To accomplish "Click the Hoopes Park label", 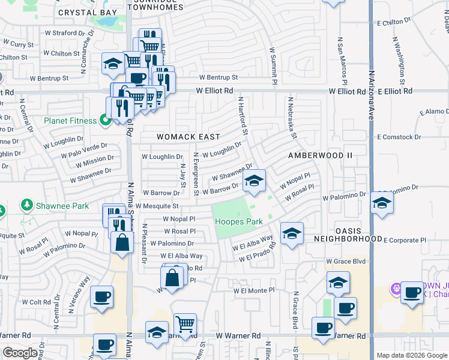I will pos(239,222).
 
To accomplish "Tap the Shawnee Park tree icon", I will pos(26,206).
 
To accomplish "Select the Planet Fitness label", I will pos(70,121).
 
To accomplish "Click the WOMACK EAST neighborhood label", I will pos(188,137).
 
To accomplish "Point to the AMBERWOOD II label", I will pos(320,155).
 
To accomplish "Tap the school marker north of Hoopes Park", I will pos(254,181).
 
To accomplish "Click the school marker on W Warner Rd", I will pos(157,333).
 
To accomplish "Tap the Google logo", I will pos(19,353).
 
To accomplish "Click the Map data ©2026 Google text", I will pos(411,355).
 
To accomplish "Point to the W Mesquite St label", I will pos(158,206).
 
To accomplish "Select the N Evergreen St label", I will pos(196,174).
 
